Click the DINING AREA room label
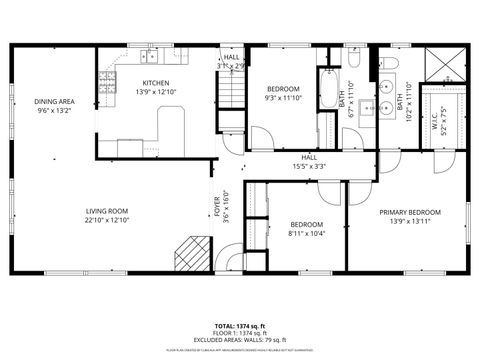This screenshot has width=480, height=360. [54, 101]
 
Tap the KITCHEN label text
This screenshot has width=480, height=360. [155, 83]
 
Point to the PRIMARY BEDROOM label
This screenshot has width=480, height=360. [409, 212]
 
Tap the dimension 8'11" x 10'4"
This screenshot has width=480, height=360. [307, 233]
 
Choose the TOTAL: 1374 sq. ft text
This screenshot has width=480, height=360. [239, 327]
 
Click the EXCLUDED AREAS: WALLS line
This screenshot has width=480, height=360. [239, 341]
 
